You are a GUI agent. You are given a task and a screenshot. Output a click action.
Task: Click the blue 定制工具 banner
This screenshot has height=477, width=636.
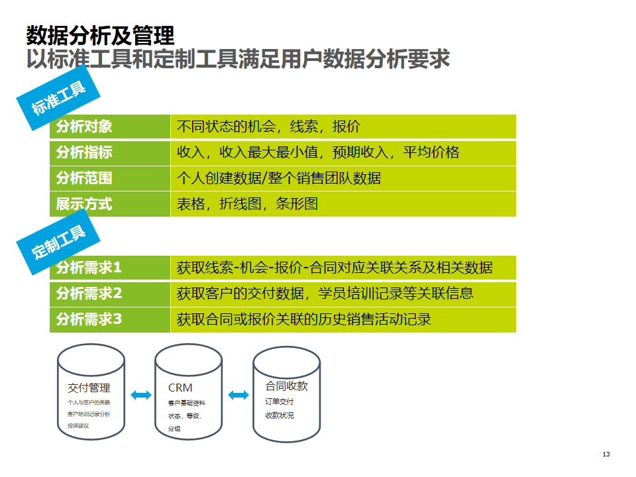click(59, 242)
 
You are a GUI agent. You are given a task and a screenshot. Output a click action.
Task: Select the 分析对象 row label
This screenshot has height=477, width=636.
click(84, 127)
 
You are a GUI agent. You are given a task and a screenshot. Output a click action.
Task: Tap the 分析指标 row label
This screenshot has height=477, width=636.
click(84, 152)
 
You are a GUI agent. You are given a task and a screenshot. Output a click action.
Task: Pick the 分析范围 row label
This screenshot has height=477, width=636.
click(84, 178)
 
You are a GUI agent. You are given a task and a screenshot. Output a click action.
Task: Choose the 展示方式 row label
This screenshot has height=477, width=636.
click(84, 204)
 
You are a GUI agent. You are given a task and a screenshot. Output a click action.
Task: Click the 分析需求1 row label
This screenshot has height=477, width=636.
click(89, 268)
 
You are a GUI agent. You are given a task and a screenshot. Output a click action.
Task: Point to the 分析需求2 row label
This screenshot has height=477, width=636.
click(89, 293)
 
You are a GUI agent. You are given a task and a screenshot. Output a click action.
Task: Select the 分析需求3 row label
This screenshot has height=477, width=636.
click(89, 319)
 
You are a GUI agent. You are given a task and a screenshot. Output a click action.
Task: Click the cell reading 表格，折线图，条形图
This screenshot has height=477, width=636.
click(247, 204)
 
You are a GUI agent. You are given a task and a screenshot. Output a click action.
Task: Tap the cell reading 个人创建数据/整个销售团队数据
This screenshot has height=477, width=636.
click(279, 178)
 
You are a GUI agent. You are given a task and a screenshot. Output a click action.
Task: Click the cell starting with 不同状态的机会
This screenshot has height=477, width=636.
click(268, 127)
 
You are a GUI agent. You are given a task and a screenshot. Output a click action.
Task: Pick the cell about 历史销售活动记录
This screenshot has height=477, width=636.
click(304, 319)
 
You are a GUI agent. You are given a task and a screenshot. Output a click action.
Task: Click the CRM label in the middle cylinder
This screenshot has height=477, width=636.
click(180, 388)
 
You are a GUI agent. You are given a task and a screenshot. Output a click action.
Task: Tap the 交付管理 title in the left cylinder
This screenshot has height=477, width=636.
click(89, 388)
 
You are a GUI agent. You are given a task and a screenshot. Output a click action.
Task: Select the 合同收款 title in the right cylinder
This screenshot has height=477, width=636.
click(286, 386)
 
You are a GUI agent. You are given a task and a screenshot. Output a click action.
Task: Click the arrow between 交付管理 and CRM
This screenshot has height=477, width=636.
click(140, 396)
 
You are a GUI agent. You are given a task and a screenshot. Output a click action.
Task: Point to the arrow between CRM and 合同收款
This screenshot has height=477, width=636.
click(238, 396)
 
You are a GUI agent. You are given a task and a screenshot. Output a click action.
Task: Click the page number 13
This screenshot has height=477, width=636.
click(606, 454)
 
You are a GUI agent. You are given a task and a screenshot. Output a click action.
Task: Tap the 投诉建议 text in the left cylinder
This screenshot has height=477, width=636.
click(78, 426)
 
